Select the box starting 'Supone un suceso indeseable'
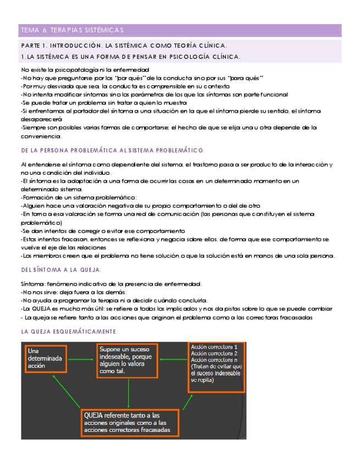tap(127, 360)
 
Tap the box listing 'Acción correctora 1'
tap(216, 367)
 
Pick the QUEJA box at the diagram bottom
tap(131, 423)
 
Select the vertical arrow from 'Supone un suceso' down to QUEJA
tap(128, 393)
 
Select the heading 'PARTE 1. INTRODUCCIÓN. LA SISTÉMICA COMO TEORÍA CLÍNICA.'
tap(124, 46)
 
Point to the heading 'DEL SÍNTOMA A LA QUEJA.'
tap(61, 270)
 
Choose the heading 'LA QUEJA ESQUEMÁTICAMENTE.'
tap(69, 331)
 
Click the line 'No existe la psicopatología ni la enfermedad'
tap(85, 70)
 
